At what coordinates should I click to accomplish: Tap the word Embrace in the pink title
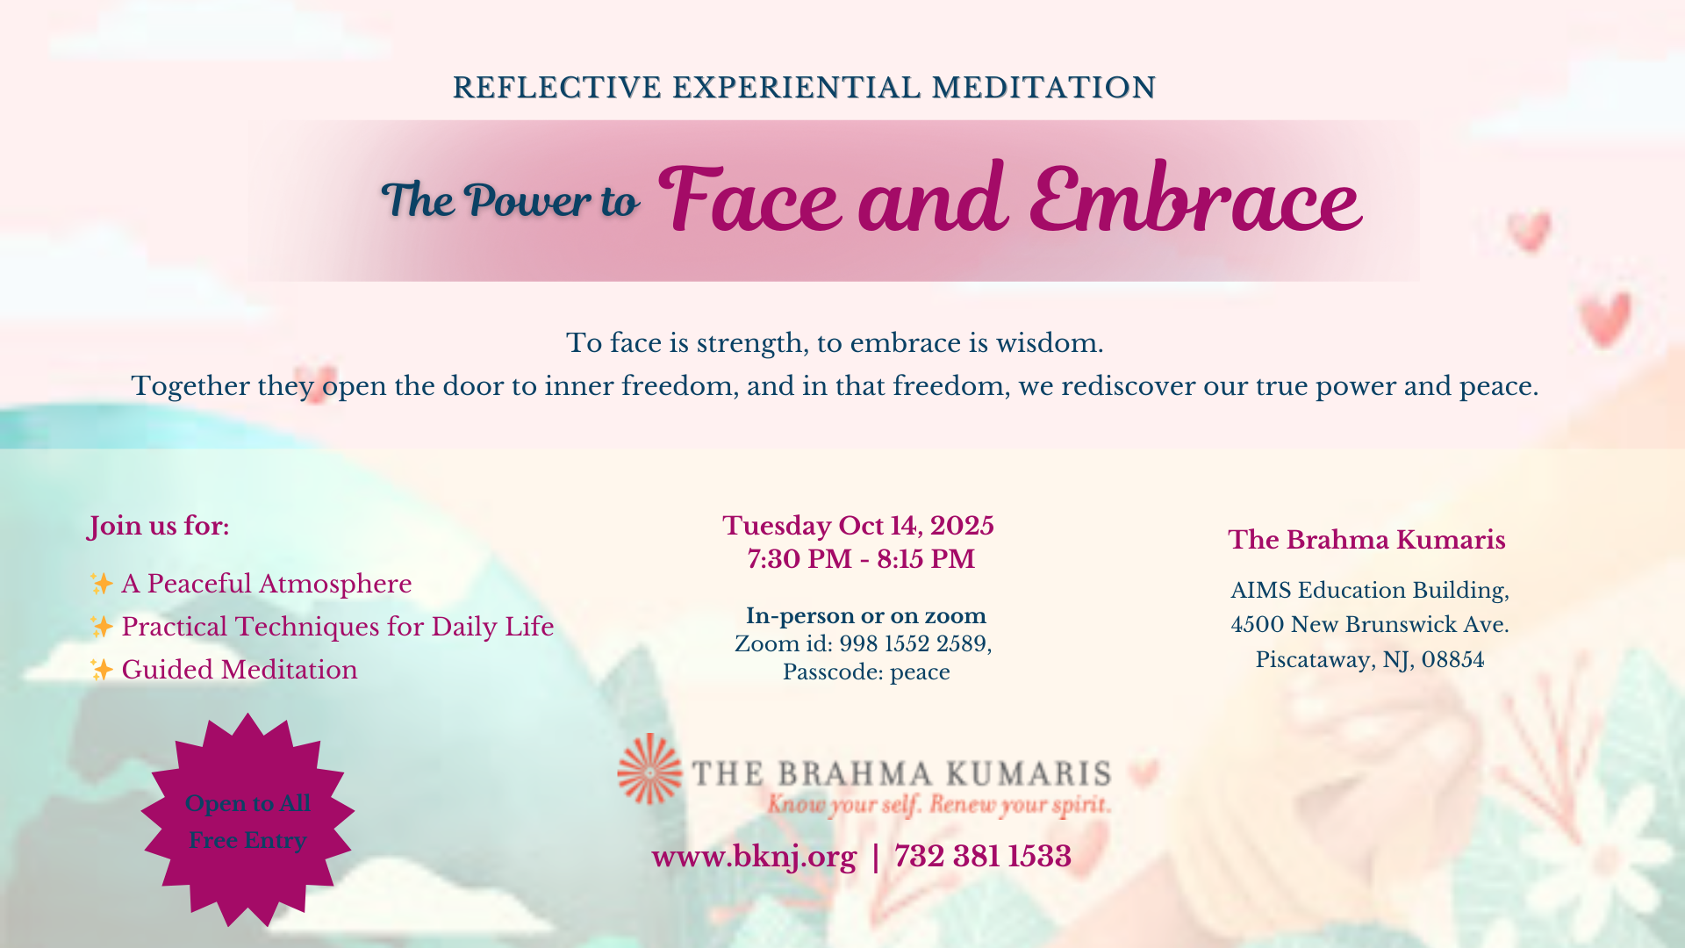pos(1195,199)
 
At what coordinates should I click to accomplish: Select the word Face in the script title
pos(750,199)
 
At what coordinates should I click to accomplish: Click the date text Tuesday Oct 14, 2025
pos(858,526)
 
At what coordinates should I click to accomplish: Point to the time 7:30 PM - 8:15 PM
pos(861,559)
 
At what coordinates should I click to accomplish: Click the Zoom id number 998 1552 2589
pos(913,643)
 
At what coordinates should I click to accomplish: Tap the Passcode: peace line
pos(866,672)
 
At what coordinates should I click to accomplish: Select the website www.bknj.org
pos(754,857)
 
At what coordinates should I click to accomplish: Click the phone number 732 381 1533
pos(983,856)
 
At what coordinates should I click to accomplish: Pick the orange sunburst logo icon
pos(649,770)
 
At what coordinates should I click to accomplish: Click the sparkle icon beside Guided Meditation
pos(102,670)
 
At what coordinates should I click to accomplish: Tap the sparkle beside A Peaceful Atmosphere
pos(102,584)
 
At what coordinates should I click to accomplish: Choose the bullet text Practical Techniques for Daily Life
pos(338,627)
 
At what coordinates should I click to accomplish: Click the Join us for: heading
pos(159,526)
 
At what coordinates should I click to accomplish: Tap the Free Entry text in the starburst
pos(247,840)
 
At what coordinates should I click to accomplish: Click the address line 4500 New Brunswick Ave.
pos(1370,625)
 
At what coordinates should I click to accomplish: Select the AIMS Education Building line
pos(1370,591)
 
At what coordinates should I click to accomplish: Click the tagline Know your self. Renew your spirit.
pos(939,804)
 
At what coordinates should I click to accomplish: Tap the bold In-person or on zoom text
pos(866,615)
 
